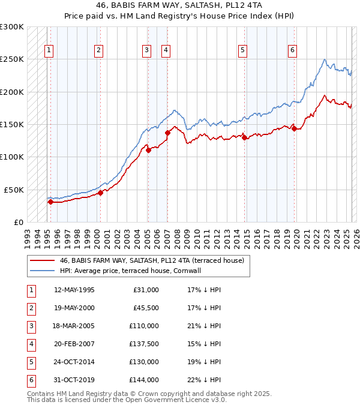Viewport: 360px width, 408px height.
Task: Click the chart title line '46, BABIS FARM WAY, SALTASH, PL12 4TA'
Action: coord(179,5)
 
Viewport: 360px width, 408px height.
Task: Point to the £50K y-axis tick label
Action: coord(14,190)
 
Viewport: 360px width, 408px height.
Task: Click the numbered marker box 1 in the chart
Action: coord(49,50)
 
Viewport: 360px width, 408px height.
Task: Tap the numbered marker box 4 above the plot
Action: coord(166,50)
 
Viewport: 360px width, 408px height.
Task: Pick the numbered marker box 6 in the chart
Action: coord(292,50)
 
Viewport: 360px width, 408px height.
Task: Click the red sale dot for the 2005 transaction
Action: coord(148,151)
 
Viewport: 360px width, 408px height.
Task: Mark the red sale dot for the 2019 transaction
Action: coord(294,128)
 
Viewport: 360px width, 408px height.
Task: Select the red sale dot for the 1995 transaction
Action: coord(50,202)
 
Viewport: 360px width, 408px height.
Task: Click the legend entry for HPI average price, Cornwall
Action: coord(130,271)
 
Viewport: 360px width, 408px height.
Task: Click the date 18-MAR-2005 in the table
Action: coord(74,326)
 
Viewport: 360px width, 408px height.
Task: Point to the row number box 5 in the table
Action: coord(31,362)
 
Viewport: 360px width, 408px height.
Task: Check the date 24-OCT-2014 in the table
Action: coord(74,362)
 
